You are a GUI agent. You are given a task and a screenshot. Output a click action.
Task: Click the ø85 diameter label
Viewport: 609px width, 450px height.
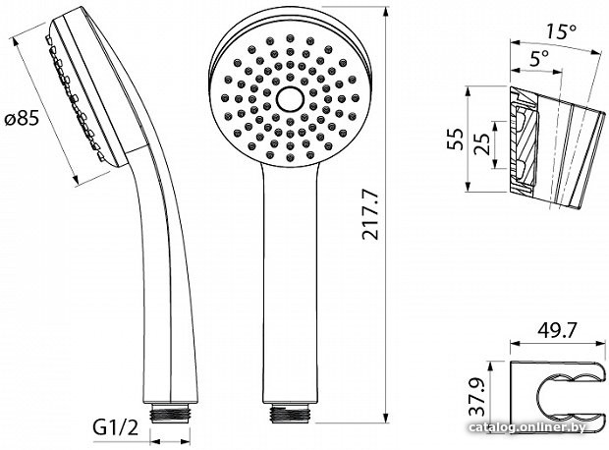coord(23,117)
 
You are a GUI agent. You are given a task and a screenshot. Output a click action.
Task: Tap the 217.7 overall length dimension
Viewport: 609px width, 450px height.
coord(369,214)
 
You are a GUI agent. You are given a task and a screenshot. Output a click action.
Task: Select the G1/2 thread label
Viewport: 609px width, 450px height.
coord(115,427)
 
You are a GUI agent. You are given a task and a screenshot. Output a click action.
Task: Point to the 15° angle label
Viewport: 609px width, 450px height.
coord(561,31)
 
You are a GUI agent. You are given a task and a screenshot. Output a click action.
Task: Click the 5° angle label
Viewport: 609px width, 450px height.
coord(539,58)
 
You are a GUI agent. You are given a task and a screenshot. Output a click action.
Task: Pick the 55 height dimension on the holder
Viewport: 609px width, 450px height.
coord(455,139)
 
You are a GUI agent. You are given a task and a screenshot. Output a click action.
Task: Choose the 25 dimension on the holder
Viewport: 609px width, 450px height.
coord(481,143)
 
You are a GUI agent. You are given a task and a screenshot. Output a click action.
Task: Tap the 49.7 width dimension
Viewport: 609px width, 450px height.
coord(557,331)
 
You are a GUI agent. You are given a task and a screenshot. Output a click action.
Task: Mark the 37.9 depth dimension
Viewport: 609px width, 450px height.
coord(476,397)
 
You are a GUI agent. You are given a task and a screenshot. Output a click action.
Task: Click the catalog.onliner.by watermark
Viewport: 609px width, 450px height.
coord(527,427)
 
